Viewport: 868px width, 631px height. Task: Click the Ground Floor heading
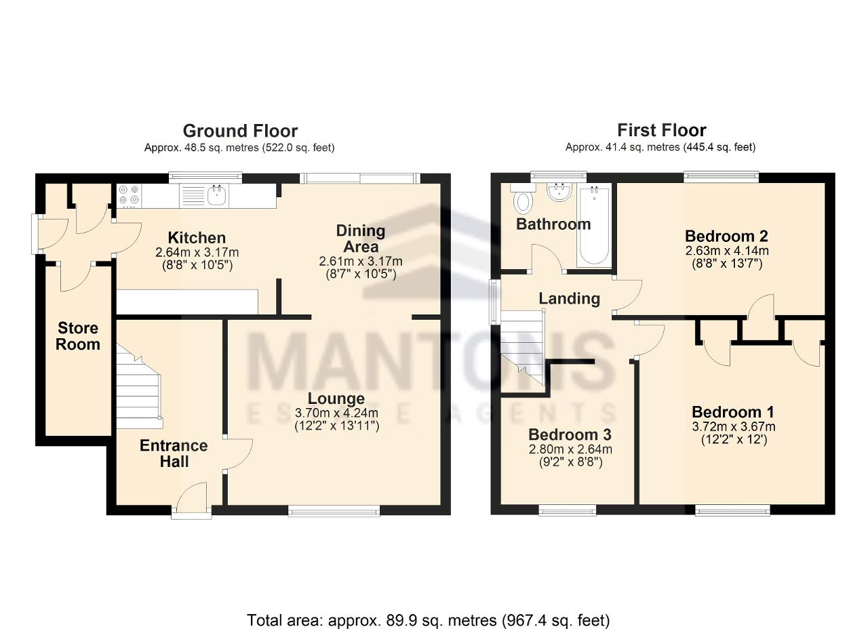point(240,131)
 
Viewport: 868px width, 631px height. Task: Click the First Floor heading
point(661,130)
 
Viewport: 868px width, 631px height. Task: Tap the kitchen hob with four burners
point(130,196)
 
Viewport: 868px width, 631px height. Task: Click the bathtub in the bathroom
point(594,226)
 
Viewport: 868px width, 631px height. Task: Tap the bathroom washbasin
point(559,192)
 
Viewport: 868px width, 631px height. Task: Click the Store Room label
point(78,336)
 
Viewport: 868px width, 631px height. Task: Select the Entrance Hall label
point(174,453)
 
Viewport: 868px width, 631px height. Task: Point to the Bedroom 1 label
point(733,412)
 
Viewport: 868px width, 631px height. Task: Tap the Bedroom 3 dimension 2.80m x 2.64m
point(570,449)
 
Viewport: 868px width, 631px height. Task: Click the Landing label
point(569,299)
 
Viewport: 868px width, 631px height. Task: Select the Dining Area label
point(361,239)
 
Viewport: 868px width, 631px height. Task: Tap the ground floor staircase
point(139,388)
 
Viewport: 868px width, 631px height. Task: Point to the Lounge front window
point(334,512)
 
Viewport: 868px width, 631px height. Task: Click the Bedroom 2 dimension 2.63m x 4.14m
point(727,251)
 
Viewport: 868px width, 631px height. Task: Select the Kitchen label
point(197,237)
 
